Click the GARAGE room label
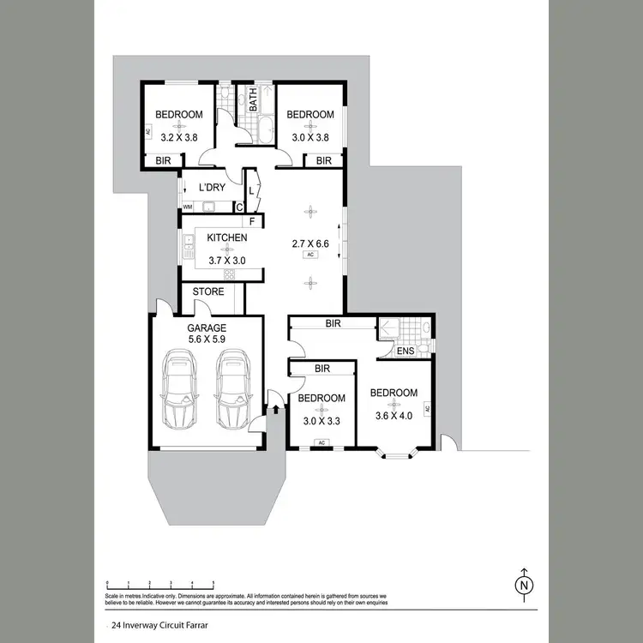click(x=207, y=328)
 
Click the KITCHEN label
click(x=226, y=238)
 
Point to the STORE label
click(x=208, y=292)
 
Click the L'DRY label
click(x=212, y=188)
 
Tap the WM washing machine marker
click(x=187, y=207)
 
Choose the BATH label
click(x=254, y=102)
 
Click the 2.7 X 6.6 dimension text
click(x=310, y=243)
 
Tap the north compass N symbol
click(x=523, y=586)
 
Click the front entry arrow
click(x=275, y=410)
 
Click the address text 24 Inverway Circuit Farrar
click(x=153, y=625)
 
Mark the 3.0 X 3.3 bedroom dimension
click(x=321, y=421)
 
